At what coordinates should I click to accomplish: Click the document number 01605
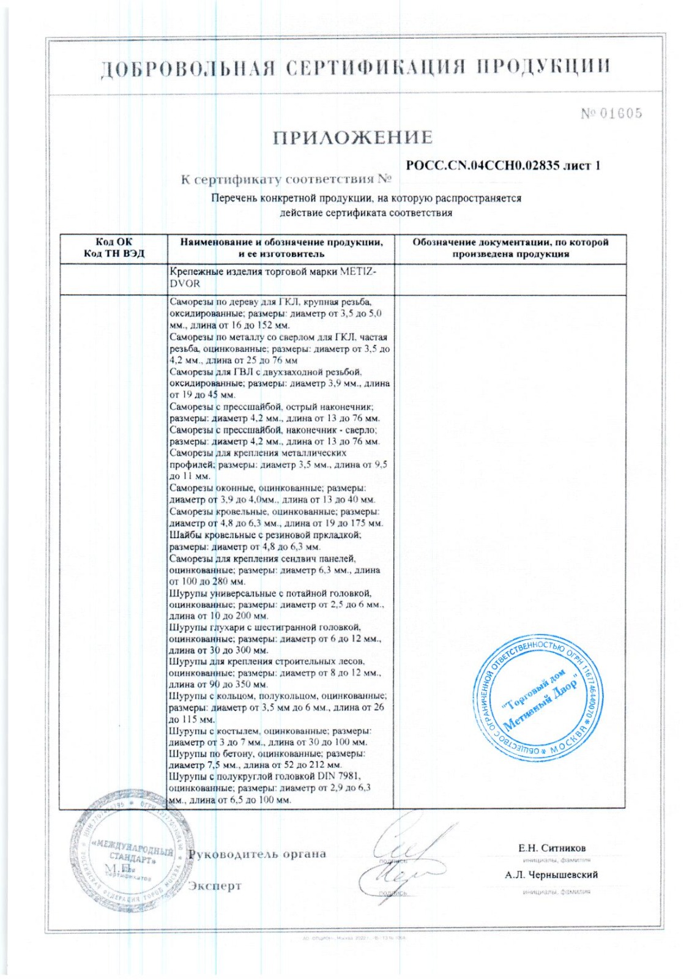pyautogui.click(x=620, y=113)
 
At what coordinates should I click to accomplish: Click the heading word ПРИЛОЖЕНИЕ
pyautogui.click(x=352, y=137)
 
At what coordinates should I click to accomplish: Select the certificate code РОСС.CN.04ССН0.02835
pyautogui.click(x=483, y=166)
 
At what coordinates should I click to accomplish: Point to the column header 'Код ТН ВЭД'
pyautogui.click(x=114, y=254)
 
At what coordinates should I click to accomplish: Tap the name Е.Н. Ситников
pyautogui.click(x=551, y=848)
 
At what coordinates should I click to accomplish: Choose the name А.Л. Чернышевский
pyautogui.click(x=551, y=875)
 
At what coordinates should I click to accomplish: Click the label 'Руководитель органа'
pyautogui.click(x=257, y=854)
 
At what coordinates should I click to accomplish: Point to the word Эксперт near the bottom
pyautogui.click(x=215, y=885)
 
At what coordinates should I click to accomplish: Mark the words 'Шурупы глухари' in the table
pyautogui.click(x=206, y=628)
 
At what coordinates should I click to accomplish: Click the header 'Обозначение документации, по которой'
pyautogui.click(x=510, y=242)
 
